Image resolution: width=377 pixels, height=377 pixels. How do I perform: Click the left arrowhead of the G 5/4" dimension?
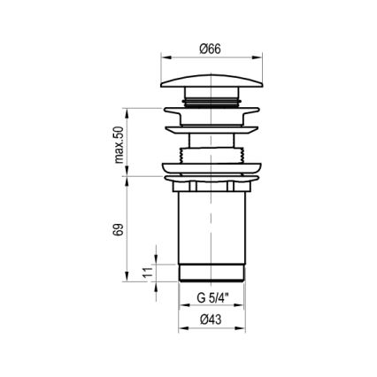pos(183,304)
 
